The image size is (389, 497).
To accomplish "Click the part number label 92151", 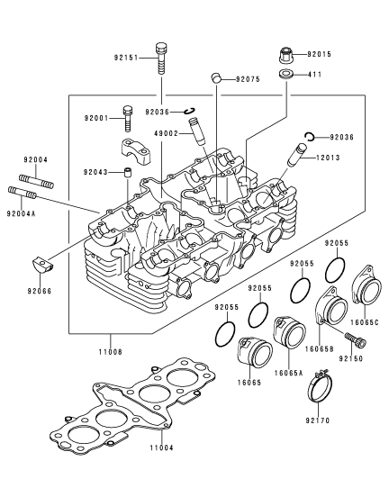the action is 126,58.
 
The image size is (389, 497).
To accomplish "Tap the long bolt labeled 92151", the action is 160,59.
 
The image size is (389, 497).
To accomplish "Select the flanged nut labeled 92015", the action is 285,55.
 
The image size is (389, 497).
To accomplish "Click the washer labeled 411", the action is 285,75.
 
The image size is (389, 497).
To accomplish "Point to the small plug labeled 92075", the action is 216,77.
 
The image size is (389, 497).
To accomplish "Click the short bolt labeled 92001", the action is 127,119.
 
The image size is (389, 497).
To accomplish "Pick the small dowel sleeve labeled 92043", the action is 128,173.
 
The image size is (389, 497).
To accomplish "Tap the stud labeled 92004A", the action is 22,192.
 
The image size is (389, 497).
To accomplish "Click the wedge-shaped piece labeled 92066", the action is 41,265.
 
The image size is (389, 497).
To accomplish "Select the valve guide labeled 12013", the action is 297,155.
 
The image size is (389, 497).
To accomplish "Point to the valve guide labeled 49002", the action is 197,131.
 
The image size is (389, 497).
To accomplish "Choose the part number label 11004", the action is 162,447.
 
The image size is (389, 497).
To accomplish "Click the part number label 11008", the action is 111,352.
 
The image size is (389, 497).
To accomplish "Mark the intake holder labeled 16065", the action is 255,351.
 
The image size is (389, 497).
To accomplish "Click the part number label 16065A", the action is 289,373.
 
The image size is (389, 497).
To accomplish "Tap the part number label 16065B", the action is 320,349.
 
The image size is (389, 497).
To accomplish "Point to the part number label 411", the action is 314,75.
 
